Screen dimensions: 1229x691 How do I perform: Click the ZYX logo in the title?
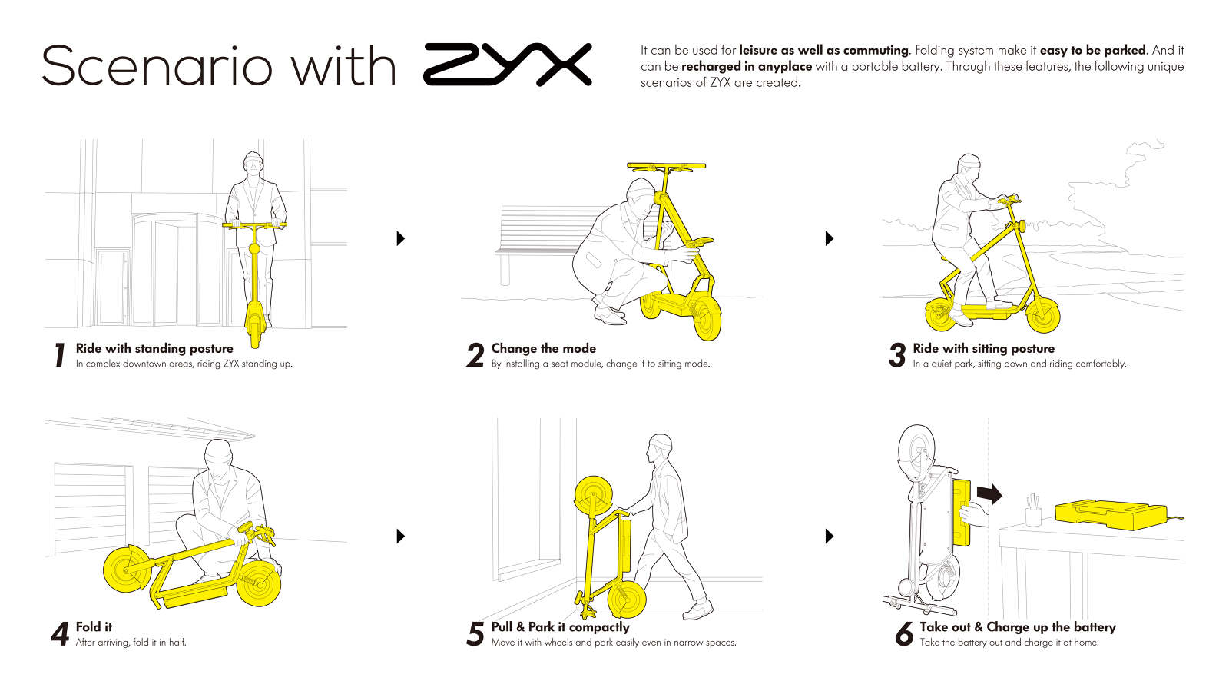click(x=508, y=65)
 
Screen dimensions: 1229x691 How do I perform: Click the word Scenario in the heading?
click(x=157, y=66)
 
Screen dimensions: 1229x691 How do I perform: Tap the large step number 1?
click(x=61, y=355)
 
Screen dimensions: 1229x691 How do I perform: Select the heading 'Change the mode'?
click(x=543, y=348)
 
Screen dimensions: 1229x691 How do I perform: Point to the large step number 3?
click(x=897, y=355)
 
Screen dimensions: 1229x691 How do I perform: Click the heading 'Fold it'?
click(x=94, y=626)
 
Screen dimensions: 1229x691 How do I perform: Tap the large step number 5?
click(x=475, y=634)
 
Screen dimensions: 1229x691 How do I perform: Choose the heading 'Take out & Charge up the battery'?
click(x=1018, y=626)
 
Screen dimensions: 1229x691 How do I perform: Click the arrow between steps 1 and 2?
click(x=400, y=238)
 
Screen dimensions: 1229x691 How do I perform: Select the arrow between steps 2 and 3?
click(x=830, y=238)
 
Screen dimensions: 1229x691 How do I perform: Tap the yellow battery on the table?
click(x=1111, y=513)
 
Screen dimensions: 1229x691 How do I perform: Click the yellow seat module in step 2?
click(x=697, y=242)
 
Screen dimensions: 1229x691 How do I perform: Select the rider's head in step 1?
click(x=253, y=163)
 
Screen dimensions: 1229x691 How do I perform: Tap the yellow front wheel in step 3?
click(x=1042, y=316)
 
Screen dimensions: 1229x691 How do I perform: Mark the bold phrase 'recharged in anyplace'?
click(x=746, y=66)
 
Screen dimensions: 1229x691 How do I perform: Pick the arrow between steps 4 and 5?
click(x=400, y=537)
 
